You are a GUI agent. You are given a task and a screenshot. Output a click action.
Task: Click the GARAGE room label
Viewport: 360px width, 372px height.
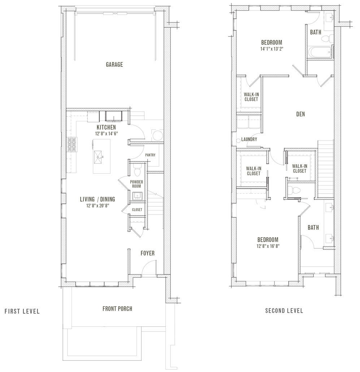[x=114, y=65]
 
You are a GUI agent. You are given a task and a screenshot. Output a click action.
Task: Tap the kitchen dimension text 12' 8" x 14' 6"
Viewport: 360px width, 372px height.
[x=106, y=133]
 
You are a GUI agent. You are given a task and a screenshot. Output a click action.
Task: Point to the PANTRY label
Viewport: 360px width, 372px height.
[x=150, y=155]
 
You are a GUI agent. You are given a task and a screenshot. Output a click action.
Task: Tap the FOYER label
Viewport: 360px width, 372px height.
[x=147, y=253]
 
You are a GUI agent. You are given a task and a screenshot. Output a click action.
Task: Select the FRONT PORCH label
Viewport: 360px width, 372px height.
[x=117, y=308]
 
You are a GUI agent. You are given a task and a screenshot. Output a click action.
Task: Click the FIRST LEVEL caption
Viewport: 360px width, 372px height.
[x=22, y=311]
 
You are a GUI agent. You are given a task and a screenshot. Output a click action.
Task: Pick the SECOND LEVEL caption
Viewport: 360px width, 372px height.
[x=284, y=311]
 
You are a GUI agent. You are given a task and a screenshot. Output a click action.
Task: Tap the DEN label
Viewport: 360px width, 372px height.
[x=300, y=114]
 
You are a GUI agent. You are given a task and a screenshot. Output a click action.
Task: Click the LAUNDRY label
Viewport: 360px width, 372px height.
[x=249, y=139]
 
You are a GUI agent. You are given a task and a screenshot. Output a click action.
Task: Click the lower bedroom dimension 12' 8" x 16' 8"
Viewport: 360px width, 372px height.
[x=268, y=246]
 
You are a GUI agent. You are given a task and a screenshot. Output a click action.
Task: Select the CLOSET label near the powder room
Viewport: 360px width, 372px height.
[x=137, y=210]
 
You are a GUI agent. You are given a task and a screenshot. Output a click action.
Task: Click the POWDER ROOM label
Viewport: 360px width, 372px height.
[x=136, y=184]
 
